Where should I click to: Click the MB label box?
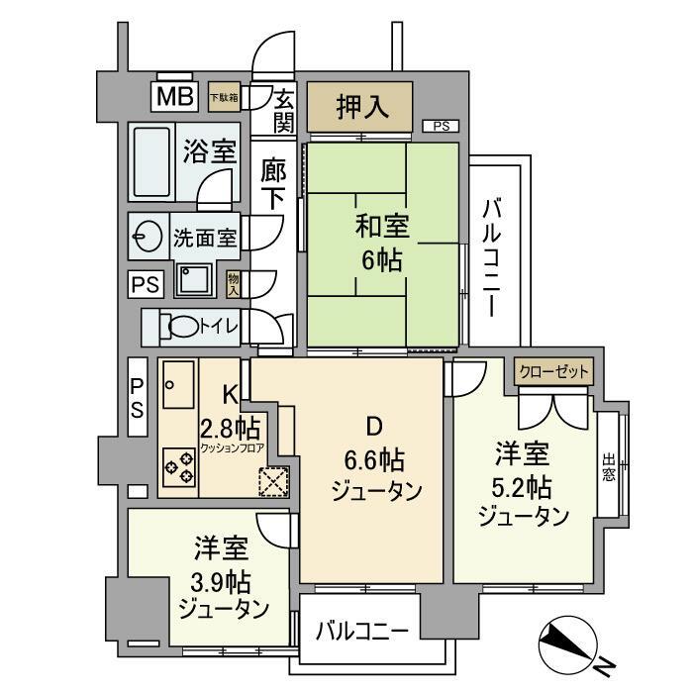point(174,97)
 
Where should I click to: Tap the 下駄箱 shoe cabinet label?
point(224,97)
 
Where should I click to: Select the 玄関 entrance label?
point(283,110)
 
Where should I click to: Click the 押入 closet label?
point(359,107)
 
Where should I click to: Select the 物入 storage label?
point(234,284)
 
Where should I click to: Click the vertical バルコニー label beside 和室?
point(492,251)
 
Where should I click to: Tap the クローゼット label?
point(554,372)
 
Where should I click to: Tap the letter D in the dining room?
point(373,428)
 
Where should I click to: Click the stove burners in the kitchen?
point(179,464)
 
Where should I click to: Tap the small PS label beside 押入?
point(441,126)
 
